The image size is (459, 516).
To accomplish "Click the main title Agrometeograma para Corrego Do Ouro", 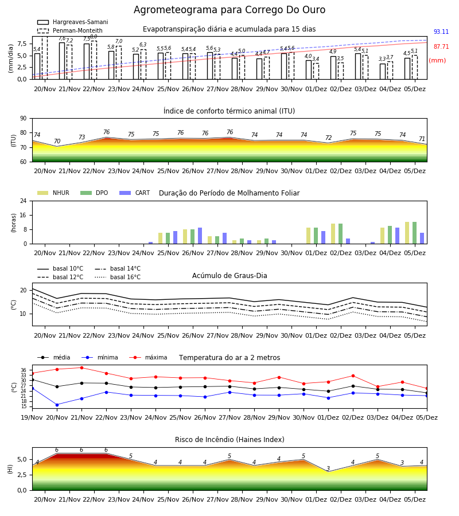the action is [x=229, y=10].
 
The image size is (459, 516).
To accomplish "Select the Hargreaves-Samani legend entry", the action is [x=73, y=22].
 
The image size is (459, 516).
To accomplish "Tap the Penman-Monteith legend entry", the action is [x=70, y=30].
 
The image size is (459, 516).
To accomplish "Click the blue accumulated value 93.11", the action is [x=441, y=32].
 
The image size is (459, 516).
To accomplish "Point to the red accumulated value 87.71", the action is [x=441, y=46].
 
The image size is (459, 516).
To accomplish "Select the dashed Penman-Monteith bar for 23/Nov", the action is [x=119, y=62].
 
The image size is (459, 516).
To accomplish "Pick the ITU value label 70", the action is [x=57, y=141].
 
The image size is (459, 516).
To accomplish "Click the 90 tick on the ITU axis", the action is [x=24, y=119].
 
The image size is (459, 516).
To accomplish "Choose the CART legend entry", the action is [x=135, y=193].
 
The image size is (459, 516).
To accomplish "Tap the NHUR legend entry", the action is [x=53, y=193].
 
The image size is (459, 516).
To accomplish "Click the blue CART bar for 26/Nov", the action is [x=200, y=236].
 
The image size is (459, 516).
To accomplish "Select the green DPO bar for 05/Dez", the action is [x=415, y=233].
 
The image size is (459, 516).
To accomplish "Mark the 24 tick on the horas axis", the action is [x=24, y=201].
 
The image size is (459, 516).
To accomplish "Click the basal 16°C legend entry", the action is [x=118, y=277].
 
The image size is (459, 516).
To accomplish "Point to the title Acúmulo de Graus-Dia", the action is [x=229, y=275].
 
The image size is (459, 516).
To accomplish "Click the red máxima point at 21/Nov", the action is [x=81, y=368].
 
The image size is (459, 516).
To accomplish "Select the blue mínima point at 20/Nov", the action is [x=57, y=405].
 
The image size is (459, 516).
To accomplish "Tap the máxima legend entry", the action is [x=149, y=357].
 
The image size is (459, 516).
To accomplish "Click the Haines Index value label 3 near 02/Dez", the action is [x=328, y=468].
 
